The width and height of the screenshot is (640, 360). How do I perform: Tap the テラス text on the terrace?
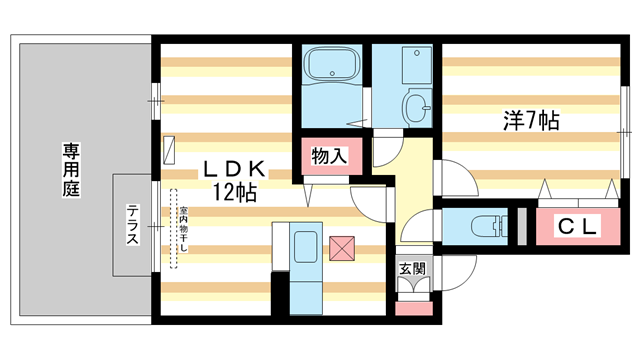132,225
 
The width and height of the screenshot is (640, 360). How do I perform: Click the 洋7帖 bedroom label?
530,122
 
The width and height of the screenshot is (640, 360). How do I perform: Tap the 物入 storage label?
328,157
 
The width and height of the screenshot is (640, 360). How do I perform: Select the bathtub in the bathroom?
330,66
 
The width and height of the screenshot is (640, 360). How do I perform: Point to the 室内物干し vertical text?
184,229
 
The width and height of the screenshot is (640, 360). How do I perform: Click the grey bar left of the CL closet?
520,225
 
